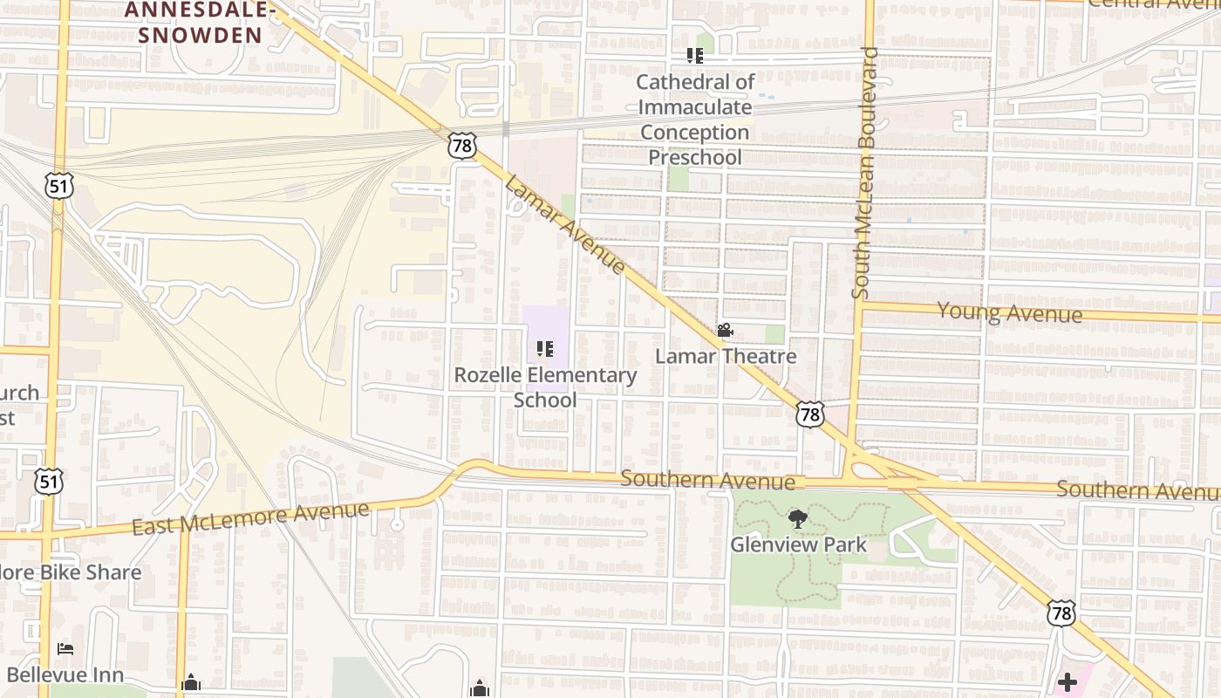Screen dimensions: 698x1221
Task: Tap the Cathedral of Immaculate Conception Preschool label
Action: (x=695, y=120)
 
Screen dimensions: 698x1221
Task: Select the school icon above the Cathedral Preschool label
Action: (x=695, y=56)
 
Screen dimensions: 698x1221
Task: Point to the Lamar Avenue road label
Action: (x=565, y=225)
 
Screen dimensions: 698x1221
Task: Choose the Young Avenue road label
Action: (x=1009, y=311)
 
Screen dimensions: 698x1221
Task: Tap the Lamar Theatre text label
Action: (x=726, y=356)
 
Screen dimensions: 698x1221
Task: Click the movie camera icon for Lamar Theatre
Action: (x=725, y=331)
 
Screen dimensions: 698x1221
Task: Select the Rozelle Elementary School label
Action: (x=545, y=387)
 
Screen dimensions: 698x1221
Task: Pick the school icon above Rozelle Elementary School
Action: (x=545, y=350)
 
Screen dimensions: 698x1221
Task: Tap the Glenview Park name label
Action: (x=798, y=545)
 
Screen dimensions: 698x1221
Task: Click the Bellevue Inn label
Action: (x=65, y=674)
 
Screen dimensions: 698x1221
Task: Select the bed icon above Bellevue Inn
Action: (x=65, y=649)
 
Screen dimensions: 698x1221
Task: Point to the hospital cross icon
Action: (x=1067, y=681)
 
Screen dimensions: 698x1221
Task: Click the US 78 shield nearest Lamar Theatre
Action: (x=810, y=414)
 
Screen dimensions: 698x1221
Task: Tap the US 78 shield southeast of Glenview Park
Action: (x=1061, y=612)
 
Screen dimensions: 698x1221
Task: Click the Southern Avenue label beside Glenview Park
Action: (x=707, y=481)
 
